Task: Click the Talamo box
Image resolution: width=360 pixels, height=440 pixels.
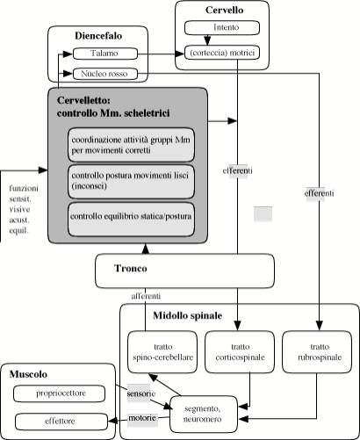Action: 105,54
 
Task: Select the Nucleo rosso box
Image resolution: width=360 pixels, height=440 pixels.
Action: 105,74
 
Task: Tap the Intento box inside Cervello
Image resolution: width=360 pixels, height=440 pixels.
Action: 222,28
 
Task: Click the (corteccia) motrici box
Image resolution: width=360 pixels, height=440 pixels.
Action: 222,53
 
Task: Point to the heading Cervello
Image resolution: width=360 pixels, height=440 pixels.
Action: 224,10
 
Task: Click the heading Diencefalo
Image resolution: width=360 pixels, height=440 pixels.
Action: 98,36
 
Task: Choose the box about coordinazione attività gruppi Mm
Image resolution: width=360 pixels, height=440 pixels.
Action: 131,145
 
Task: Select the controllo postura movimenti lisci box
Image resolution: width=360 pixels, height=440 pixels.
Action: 131,182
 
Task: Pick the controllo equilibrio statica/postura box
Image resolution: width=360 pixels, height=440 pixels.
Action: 131,220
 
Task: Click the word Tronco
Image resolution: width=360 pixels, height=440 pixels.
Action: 131,268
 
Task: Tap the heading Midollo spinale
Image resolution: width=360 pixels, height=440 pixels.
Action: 188,315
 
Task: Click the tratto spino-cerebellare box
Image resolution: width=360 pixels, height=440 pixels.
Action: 162,352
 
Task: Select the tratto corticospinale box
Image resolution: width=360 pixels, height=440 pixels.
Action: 240,352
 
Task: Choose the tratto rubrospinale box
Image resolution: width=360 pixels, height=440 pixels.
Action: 317,352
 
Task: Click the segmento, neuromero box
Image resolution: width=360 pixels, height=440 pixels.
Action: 204,415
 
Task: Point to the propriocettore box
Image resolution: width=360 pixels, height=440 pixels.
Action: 60,393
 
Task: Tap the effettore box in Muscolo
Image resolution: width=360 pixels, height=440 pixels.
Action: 61,422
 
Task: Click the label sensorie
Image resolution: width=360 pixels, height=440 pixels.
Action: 141,393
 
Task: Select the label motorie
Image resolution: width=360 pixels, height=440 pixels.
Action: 142,418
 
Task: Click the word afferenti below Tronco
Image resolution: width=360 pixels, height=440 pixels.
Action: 146,296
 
